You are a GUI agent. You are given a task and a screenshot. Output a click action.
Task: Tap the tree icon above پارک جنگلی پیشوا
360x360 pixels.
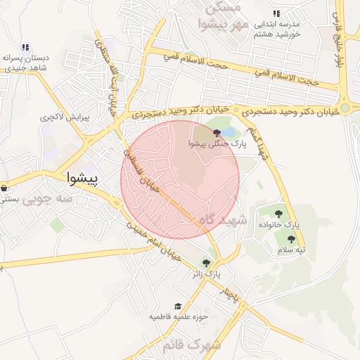pyautogui.click(x=216, y=132)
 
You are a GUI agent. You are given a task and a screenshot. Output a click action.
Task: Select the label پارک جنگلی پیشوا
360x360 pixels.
pyautogui.click(x=216, y=144)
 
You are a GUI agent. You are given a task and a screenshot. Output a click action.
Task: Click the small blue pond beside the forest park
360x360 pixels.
pyautogui.click(x=231, y=131)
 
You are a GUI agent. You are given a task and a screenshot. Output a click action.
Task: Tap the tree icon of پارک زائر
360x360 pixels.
pyautogui.click(x=206, y=262)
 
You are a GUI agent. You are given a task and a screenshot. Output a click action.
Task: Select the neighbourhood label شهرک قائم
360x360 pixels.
pyautogui.click(x=191, y=345)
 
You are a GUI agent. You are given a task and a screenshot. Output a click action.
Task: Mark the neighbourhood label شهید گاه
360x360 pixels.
pyautogui.click(x=224, y=220)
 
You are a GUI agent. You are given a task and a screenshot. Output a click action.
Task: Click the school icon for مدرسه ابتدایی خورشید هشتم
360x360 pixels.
pyautogui.click(x=276, y=13)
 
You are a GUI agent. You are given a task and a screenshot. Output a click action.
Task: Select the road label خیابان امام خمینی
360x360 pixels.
pyautogui.click(x=155, y=243)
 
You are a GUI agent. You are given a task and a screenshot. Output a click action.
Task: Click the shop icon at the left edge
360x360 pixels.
pyautogui.click(x=4, y=188)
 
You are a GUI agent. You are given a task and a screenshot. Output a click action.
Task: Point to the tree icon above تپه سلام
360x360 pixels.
pyautogui.click(x=291, y=239)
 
